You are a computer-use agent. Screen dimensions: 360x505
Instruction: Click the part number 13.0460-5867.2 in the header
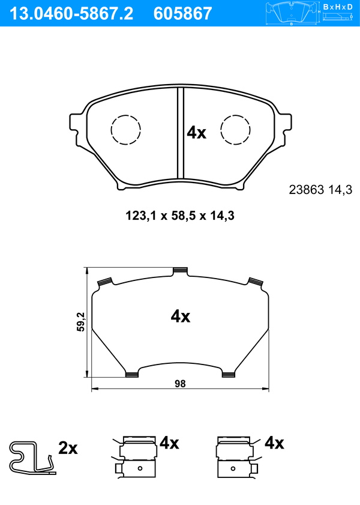[x=72, y=14]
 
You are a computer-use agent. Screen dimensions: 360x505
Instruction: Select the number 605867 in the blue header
[x=183, y=14]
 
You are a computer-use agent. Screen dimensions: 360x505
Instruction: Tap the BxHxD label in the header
[x=338, y=7]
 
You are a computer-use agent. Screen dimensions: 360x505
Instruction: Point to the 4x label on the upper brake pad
[x=197, y=133]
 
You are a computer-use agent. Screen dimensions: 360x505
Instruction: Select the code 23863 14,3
[x=321, y=190]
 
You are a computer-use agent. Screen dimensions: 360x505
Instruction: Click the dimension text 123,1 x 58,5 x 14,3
[x=180, y=216]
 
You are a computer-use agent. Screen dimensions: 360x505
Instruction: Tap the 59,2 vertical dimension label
[x=81, y=321]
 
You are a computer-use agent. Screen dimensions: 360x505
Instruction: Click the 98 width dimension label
[x=180, y=384]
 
